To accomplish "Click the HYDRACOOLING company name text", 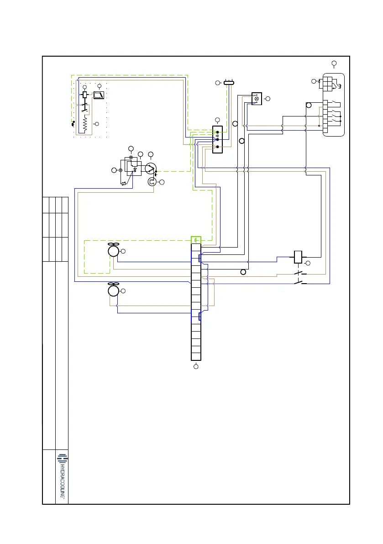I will click(62, 479).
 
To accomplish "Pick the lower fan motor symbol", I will click(113, 290).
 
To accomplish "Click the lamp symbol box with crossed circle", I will click(257, 98).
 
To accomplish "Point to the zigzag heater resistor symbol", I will click(85, 123).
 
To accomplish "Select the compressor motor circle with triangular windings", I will click(151, 169).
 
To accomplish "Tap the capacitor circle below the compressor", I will click(152, 182).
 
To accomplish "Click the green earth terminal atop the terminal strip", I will click(196, 240).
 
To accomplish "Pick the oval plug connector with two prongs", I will click(229, 83).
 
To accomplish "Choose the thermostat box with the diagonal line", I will click(99, 95).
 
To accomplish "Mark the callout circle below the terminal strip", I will click(196, 366).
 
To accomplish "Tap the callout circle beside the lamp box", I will click(268, 99).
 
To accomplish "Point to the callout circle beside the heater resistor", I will click(96, 124).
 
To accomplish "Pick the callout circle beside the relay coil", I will click(307, 264).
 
